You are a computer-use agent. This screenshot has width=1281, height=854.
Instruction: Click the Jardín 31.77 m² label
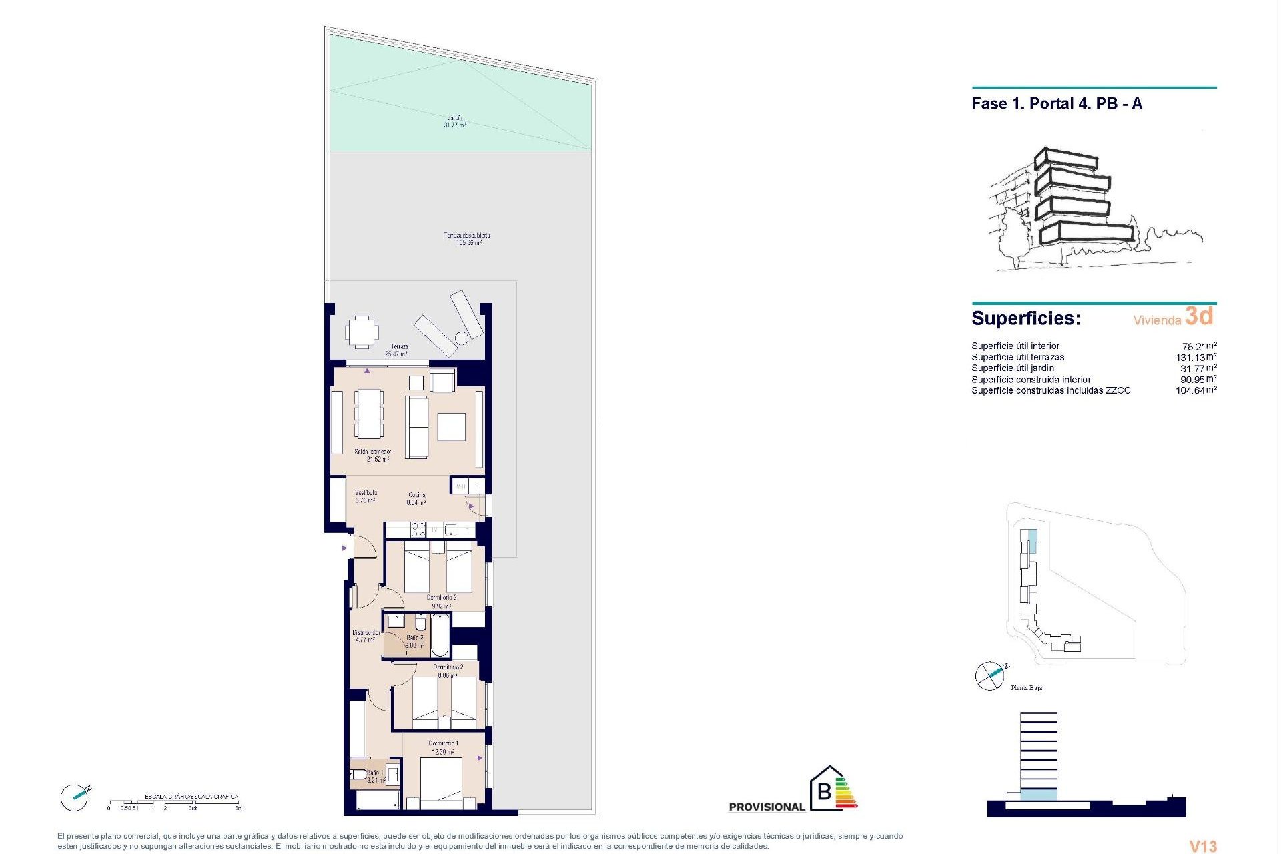[x=456, y=121]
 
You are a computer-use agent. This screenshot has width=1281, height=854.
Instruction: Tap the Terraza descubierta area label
[x=468, y=239]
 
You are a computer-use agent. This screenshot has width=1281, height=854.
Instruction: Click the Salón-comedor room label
[x=373, y=456]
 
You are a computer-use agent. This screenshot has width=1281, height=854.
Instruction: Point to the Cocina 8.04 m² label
[x=417, y=499]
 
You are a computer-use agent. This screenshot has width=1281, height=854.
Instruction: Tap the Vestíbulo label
[x=366, y=496]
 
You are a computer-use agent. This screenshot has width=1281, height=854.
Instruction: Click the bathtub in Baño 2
[x=440, y=635]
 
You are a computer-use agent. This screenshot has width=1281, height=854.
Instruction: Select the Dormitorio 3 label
[x=442, y=602]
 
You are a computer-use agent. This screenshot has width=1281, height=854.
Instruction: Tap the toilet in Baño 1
[x=358, y=775]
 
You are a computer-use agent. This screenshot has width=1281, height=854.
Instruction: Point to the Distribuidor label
[x=366, y=636]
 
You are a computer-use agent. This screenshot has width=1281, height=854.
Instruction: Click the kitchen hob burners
[x=418, y=530]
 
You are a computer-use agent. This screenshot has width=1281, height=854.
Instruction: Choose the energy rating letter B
[x=825, y=792]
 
